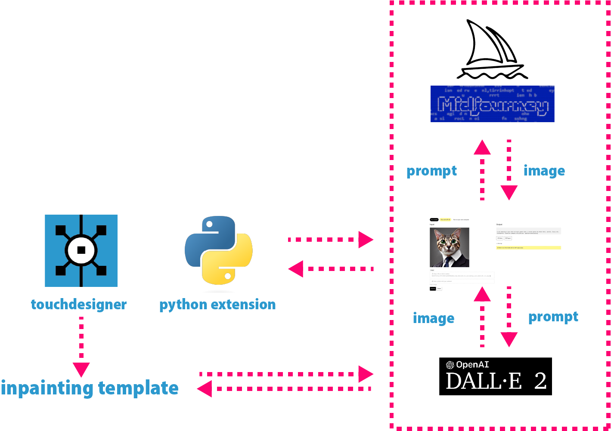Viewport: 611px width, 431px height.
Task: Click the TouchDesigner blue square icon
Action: click(x=81, y=250)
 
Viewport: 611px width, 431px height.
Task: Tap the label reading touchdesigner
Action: click(x=79, y=305)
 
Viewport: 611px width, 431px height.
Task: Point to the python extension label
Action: click(x=217, y=305)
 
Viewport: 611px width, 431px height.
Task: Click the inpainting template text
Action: click(x=90, y=388)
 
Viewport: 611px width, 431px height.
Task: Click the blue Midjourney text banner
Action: click(x=492, y=104)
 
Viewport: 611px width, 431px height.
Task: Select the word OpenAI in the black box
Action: click(x=472, y=365)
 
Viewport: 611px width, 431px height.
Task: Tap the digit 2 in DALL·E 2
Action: click(x=540, y=381)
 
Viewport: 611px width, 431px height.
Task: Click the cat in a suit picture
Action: click(x=449, y=247)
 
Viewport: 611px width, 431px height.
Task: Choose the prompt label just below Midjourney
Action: click(x=431, y=171)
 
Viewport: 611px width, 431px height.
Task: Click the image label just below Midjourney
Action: click(x=544, y=171)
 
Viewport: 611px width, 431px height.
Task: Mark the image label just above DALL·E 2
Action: click(x=433, y=318)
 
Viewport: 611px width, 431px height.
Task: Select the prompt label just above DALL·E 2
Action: click(x=553, y=317)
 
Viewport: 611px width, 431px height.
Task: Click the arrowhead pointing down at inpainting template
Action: click(x=81, y=369)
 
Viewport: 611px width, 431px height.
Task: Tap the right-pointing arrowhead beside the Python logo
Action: click(x=366, y=240)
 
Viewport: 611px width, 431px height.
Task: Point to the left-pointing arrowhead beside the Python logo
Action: click(x=296, y=269)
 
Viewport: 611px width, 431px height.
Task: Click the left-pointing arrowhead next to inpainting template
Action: click(x=205, y=388)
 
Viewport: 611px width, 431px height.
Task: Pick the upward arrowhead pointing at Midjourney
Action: click(x=482, y=148)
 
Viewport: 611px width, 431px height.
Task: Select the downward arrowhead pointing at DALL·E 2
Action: click(x=509, y=339)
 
